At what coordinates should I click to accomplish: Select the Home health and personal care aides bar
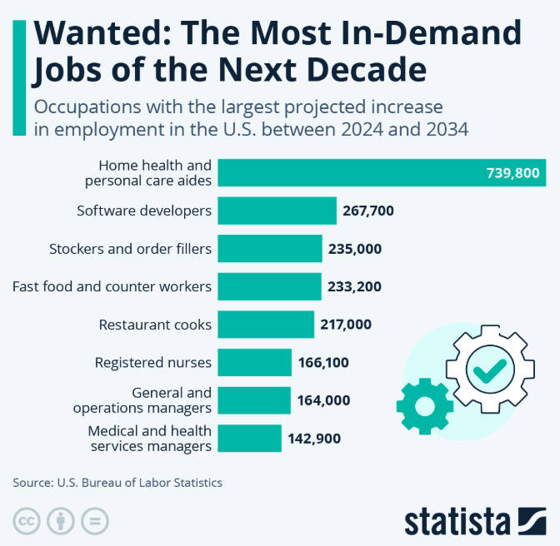(x=350, y=173)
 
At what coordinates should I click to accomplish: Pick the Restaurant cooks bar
(x=265, y=325)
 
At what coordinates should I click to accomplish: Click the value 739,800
(x=512, y=173)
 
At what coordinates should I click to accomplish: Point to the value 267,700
(x=367, y=211)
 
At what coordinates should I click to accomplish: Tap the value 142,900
(x=314, y=438)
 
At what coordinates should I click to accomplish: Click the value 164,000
(x=323, y=400)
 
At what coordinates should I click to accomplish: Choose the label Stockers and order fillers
(x=130, y=249)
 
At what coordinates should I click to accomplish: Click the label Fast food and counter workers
(x=112, y=286)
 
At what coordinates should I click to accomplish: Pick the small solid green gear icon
(x=425, y=406)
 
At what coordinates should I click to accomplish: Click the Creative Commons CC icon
(x=28, y=522)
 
